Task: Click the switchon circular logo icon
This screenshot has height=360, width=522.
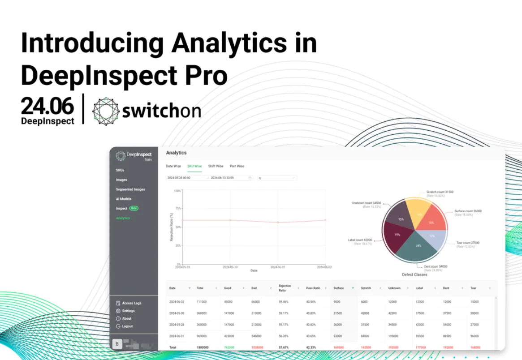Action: tap(106, 111)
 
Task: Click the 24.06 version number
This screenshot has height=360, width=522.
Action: tap(47, 107)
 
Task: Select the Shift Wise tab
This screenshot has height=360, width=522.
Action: tap(216, 166)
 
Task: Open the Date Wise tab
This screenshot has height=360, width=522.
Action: tap(173, 166)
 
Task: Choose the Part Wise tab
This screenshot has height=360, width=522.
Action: tap(237, 166)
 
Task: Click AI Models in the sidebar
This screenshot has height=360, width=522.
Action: tap(124, 199)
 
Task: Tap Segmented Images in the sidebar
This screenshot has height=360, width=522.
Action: tap(130, 189)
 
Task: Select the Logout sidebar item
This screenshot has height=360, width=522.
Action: tap(127, 326)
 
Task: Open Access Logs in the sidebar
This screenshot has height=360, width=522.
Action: tap(131, 303)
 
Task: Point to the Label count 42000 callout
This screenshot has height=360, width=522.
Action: tap(360, 240)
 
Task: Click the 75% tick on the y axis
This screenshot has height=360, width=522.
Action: tap(177, 208)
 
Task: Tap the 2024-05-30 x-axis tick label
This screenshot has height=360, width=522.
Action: tap(230, 267)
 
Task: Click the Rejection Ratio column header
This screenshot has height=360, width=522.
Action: tap(285, 288)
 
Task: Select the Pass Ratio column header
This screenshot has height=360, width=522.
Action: tap(313, 288)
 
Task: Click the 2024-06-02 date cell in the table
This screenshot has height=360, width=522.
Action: tap(177, 302)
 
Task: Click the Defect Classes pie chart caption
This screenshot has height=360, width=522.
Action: tap(414, 274)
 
